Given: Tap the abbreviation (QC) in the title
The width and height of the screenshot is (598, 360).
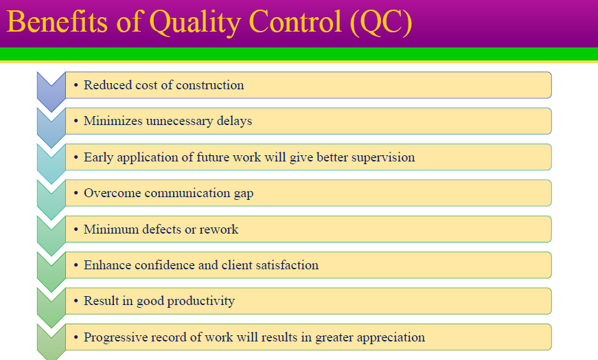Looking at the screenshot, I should pyautogui.click(x=380, y=22).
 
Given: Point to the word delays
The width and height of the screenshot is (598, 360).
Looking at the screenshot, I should pyautogui.click(x=233, y=121).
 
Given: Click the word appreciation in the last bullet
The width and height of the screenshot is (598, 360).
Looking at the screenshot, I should pyautogui.click(x=388, y=337).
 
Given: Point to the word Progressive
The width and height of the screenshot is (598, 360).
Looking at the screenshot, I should pyautogui.click(x=114, y=337).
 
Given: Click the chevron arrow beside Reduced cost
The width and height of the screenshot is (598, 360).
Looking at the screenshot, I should pyautogui.click(x=51, y=90).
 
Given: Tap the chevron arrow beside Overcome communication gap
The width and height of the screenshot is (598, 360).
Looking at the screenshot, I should pyautogui.click(x=51, y=198).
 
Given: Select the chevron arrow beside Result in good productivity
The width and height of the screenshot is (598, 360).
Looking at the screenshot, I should pyautogui.click(x=51, y=306).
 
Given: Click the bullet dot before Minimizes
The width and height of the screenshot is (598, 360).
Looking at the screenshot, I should pyautogui.click(x=76, y=121).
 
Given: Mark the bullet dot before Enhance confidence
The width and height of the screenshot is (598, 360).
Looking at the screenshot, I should pyautogui.click(x=76, y=265).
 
